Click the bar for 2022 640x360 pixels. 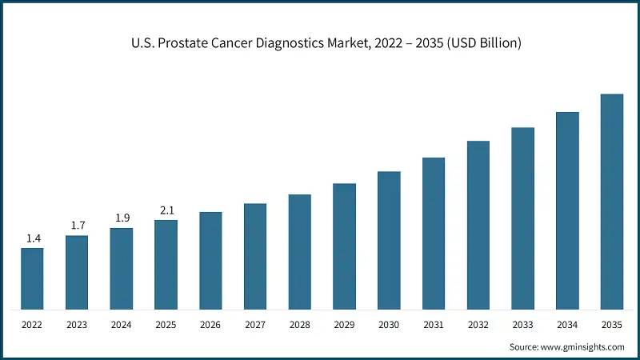tap(32, 278)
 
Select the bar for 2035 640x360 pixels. tap(612, 202)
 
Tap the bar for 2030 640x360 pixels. tap(389, 240)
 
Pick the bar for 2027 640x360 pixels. tap(255, 256)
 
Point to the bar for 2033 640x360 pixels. tap(522, 218)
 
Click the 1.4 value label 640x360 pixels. tap(32, 238)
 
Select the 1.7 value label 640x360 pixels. tap(77, 226)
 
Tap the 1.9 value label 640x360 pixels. tap(122, 218)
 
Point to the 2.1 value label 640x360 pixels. tap(166, 210)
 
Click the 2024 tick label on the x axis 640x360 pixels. tap(122, 326)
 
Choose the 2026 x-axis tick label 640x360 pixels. tap(210, 326)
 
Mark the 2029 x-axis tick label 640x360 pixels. tap(344, 326)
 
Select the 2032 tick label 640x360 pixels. tap(478, 326)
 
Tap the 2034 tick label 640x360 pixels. tap(567, 326)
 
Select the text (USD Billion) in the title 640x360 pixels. tap(478, 43)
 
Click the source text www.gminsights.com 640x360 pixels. tap(582, 346)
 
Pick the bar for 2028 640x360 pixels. tap(300, 251)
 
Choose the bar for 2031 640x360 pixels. tap(434, 233)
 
